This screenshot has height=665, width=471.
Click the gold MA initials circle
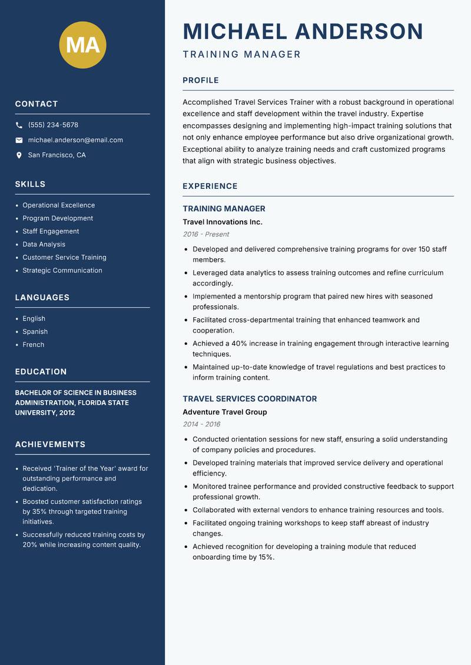click(x=82, y=45)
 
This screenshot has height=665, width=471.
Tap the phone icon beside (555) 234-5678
click(x=19, y=125)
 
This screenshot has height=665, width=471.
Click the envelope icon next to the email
click(x=19, y=140)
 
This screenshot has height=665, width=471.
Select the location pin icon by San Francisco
click(x=19, y=155)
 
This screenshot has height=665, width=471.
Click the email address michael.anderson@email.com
click(x=75, y=140)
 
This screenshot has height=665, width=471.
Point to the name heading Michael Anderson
click(x=303, y=31)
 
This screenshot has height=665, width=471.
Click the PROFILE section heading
click(x=200, y=81)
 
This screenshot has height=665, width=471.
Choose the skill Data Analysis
click(x=44, y=244)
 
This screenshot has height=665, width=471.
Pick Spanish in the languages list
click(x=35, y=331)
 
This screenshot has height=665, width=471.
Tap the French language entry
click(x=33, y=344)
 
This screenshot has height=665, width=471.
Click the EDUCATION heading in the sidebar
click(x=41, y=372)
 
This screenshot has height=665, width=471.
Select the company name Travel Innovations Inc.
click(x=222, y=222)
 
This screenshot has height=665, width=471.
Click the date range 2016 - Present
click(x=205, y=234)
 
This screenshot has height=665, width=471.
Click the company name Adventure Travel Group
click(x=224, y=412)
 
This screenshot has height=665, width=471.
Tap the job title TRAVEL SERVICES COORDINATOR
click(x=250, y=399)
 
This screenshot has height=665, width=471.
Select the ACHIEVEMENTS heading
click(x=50, y=444)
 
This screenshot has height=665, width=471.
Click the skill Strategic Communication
click(x=62, y=270)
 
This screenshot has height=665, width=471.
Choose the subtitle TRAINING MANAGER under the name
click(x=241, y=55)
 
